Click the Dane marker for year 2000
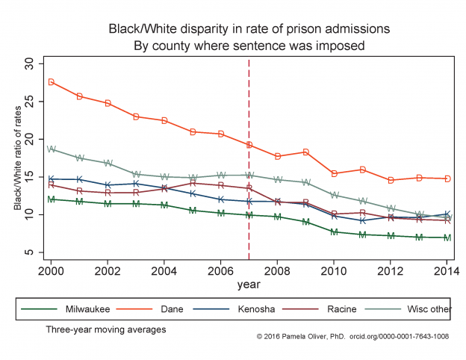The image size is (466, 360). (x=52, y=82)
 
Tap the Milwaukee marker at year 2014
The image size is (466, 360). (x=447, y=238)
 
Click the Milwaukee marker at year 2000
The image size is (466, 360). (x=52, y=199)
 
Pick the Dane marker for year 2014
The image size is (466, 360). (x=447, y=179)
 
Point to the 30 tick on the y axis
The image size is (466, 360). (x=30, y=63)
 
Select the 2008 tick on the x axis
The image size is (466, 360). (x=277, y=271)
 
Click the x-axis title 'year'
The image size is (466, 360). (x=249, y=285)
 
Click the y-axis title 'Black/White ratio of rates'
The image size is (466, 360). (x=17, y=158)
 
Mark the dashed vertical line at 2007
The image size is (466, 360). (x=249, y=187)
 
